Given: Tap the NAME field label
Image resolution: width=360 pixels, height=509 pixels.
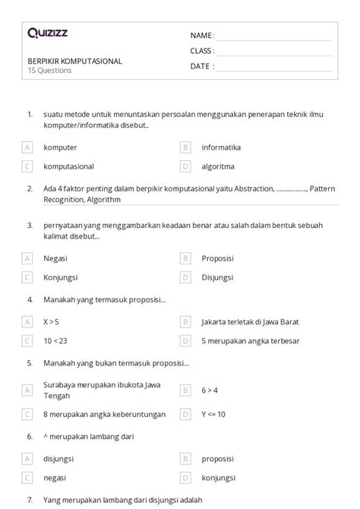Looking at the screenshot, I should [x=202, y=35].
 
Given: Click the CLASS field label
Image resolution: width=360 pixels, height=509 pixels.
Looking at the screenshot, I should [x=202, y=51].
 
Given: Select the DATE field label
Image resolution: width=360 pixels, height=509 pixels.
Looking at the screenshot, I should [x=202, y=66].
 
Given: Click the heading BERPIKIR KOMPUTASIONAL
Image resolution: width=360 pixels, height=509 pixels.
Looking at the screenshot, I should [x=74, y=61].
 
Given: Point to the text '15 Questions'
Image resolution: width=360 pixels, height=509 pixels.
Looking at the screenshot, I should [x=49, y=71].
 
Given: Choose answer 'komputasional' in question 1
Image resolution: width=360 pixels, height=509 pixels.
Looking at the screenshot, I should [x=68, y=166].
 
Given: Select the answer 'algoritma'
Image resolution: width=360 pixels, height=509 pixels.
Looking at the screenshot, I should [x=218, y=166].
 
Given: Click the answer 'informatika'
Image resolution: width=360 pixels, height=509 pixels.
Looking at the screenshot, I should [x=221, y=147].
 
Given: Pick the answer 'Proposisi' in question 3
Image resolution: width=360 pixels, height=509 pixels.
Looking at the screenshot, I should [x=218, y=258].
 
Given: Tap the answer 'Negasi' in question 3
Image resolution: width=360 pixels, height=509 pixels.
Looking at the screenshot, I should [x=56, y=258].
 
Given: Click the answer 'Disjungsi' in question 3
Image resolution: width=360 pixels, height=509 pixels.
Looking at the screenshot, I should [x=218, y=277].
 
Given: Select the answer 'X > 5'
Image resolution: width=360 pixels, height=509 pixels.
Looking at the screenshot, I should [x=52, y=321].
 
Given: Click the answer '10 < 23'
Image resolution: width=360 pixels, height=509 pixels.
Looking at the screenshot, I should [x=55, y=340].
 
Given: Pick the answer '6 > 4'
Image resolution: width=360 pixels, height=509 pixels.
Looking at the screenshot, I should [x=210, y=390].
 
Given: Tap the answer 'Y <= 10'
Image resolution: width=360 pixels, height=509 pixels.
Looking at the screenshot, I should [x=213, y=414].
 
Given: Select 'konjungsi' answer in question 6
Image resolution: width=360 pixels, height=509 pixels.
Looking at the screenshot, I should [x=218, y=477].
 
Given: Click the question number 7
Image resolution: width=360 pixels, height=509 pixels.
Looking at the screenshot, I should [x=30, y=501].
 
